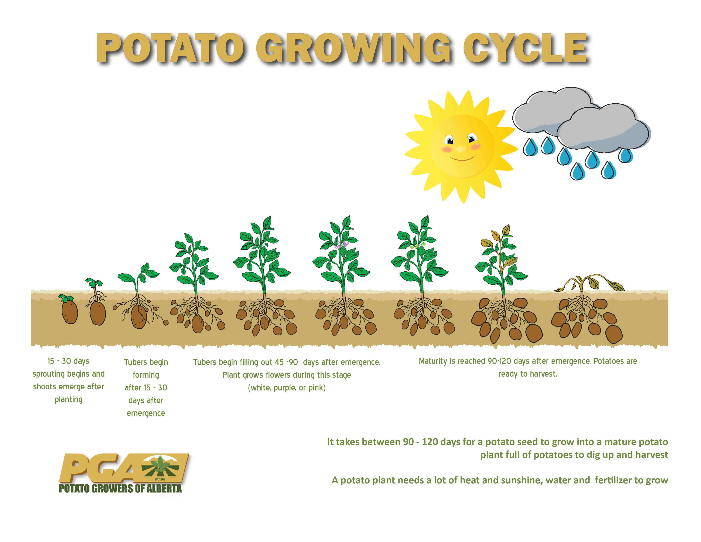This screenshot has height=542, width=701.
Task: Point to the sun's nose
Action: (x=462, y=149)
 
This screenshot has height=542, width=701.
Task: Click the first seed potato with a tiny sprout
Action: (x=69, y=309)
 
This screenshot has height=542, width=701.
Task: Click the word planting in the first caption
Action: (x=68, y=400)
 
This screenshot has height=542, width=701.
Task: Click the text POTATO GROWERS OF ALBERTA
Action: (x=120, y=489)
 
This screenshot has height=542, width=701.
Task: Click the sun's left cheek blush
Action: (x=447, y=149)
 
